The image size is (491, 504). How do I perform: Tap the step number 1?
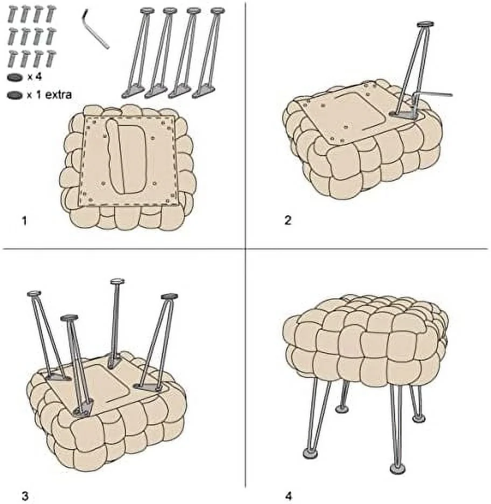click(x=23, y=221)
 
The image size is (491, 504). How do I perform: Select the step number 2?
click(x=288, y=221)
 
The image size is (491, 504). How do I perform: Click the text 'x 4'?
click(x=35, y=77)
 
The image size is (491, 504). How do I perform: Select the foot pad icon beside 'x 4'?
click(x=15, y=78)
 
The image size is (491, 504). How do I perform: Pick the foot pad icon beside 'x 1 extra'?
click(x=15, y=95)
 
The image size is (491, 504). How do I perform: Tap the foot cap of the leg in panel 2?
click(x=425, y=24)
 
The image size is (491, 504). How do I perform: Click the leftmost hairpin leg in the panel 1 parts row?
click(x=139, y=51)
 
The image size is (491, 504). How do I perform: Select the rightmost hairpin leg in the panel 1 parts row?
click(x=210, y=51)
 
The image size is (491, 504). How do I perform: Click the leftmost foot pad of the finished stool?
click(x=309, y=454)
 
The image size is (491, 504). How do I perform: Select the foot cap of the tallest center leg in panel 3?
click(x=117, y=282)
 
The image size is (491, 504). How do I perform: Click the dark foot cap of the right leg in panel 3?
click(x=169, y=296)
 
